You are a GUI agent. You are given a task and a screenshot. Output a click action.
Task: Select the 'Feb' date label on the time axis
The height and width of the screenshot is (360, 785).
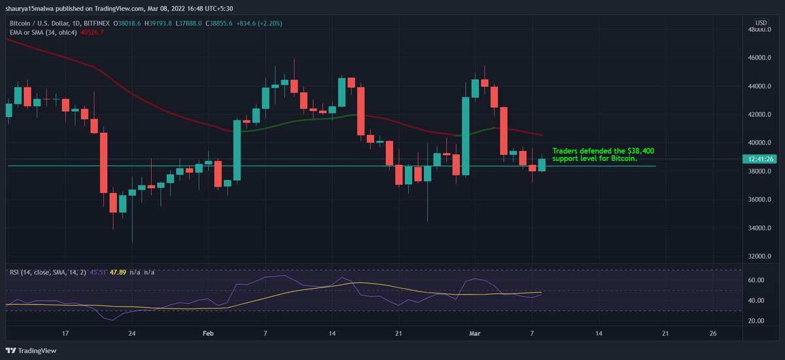coord(208,333)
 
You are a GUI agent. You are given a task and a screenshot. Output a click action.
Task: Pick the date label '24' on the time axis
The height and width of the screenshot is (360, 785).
coord(132,333)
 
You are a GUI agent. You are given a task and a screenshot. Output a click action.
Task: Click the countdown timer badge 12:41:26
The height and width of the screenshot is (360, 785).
coord(761,158)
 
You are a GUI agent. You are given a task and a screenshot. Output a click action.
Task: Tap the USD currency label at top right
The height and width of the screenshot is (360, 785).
coord(761,23)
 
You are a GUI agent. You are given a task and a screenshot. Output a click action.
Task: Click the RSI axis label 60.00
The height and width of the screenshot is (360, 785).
coord(757,280)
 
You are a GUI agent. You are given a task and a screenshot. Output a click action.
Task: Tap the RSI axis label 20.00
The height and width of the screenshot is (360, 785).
coord(757,321)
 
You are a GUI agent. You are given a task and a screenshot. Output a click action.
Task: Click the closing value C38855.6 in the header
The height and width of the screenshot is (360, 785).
coord(224,23)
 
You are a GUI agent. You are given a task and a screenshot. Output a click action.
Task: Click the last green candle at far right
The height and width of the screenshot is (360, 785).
coord(542,165)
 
